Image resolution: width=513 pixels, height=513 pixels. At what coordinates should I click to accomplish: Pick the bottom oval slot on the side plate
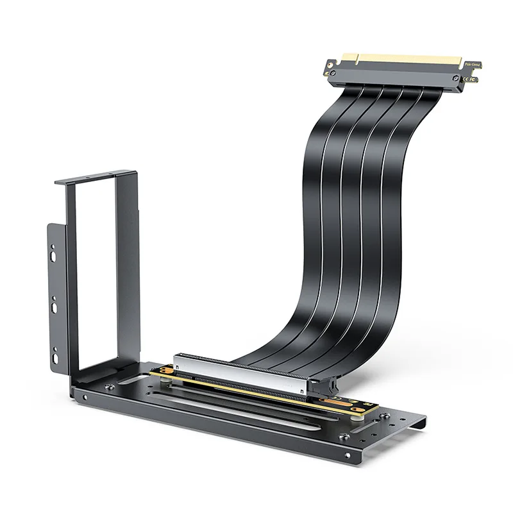click(55, 352)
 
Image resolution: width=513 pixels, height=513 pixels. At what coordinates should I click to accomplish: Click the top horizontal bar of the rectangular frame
click(96, 176)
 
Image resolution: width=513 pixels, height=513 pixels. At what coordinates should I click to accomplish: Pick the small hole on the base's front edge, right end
click(348, 456)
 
